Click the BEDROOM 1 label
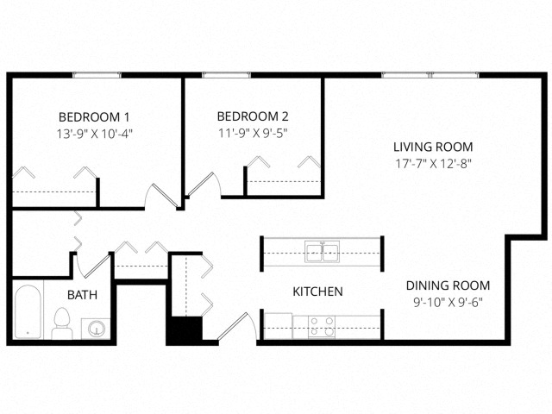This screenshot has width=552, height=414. point(94,117)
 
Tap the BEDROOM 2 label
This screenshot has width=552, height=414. point(253,116)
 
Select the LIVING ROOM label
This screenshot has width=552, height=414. point(433,147)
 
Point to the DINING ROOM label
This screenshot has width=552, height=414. point(448,285)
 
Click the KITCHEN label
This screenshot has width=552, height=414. point(318,292)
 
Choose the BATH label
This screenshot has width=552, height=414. point(83,295)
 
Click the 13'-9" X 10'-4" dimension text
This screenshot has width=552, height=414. point(94,134)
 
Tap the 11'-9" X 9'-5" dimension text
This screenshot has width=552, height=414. point(253,133)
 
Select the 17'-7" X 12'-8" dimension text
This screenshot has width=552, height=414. point(433,164)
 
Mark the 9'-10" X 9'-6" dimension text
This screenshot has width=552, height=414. point(448,303)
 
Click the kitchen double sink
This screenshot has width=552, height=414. point(322,251)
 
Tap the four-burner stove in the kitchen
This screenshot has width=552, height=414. point(322,326)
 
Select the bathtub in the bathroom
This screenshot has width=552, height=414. point(28,311)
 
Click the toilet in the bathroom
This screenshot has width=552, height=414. point(62,323)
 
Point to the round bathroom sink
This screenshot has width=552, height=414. point(96,329)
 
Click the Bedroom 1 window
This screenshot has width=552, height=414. point(97,75)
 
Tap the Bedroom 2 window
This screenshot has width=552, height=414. point(227,75)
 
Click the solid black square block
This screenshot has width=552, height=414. point(184,331)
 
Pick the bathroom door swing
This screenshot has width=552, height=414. point(92,266)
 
